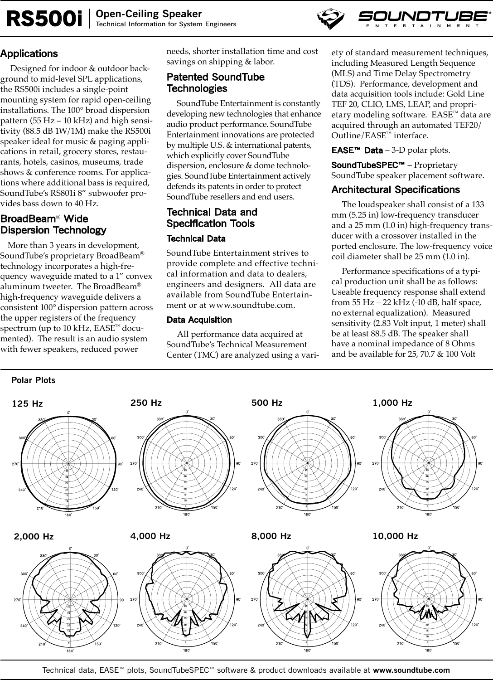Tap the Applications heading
[29, 54]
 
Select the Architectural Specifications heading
[395, 189]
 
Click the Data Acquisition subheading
[199, 320]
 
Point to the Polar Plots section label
[33, 380]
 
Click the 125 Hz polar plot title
[27, 404]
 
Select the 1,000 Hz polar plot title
[392, 403]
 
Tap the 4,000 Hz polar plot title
[150, 536]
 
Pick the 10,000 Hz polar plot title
[395, 536]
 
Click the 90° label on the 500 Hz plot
[359, 463]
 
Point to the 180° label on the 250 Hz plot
[187, 515]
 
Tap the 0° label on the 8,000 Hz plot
[308, 548]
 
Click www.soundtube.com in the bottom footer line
[411, 670]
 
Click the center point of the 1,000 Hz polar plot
[429, 463]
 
